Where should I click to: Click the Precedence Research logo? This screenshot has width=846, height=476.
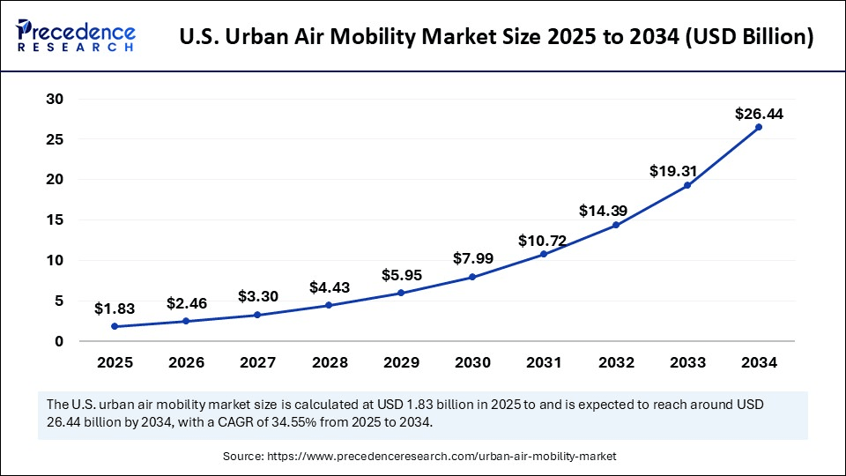point(76,36)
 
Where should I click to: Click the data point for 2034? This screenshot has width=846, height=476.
point(759,127)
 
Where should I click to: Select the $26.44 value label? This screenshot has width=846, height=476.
point(759,114)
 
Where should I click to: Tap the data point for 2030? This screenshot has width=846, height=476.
point(473,277)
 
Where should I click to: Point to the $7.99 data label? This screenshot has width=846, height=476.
point(473,258)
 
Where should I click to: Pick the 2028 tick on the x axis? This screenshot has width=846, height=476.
point(330,361)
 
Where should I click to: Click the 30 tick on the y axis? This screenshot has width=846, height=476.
point(55,99)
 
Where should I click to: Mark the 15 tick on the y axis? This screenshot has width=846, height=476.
point(55,219)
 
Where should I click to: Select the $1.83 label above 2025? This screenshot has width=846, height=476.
point(115,309)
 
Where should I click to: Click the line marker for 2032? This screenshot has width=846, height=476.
point(616,225)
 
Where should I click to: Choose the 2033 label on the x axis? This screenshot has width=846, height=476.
point(687,361)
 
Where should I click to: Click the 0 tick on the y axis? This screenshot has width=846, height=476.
point(59,341)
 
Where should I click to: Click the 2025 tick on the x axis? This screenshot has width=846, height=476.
point(115,361)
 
